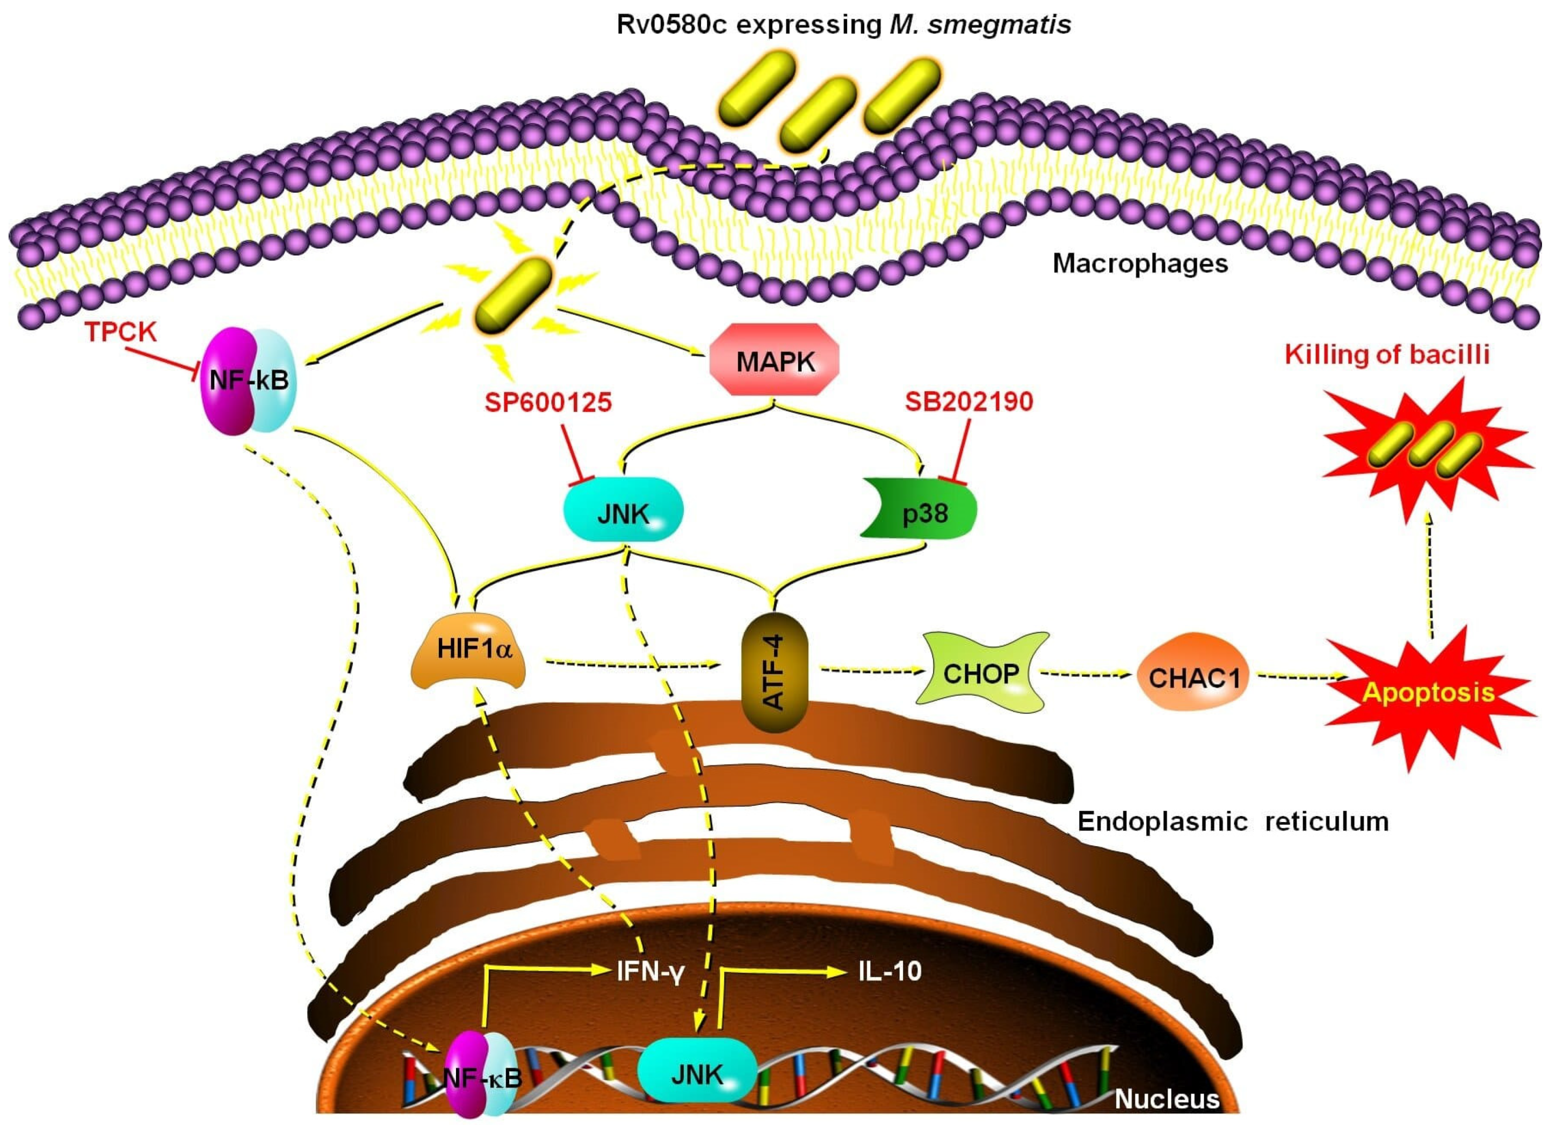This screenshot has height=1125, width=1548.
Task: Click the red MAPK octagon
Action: point(774,360)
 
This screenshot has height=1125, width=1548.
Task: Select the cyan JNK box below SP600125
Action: point(623,509)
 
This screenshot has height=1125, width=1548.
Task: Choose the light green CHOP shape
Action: point(981,673)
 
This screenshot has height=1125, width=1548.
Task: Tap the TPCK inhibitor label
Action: point(121,332)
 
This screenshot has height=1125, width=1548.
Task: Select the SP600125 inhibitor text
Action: point(548,402)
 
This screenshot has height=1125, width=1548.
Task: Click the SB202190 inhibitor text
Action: point(968,401)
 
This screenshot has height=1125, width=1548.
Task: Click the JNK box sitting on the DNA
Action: point(696,1074)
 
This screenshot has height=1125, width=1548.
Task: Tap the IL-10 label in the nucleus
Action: point(889,970)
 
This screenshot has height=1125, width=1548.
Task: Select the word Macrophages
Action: point(1140,263)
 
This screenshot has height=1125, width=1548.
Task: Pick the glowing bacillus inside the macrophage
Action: point(513,295)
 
